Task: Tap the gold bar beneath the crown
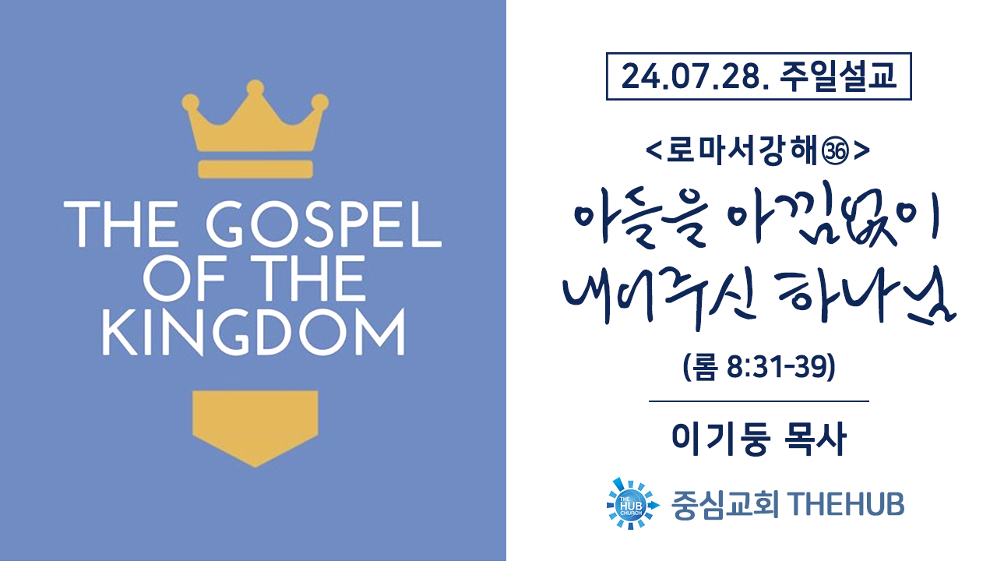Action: coord(255,169)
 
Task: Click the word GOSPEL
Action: coord(324,224)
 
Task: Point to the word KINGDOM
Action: coord(254,332)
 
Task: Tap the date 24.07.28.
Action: coord(695,76)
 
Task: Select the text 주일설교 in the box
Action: coord(837,76)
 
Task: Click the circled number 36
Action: coord(835,152)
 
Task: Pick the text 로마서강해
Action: coord(741,151)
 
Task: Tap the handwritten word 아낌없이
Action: coord(833,214)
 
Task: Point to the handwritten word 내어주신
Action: coord(660,298)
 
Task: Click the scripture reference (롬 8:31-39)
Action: coord(759,367)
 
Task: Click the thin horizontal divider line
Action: coord(759,401)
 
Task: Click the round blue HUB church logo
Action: coord(632,504)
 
